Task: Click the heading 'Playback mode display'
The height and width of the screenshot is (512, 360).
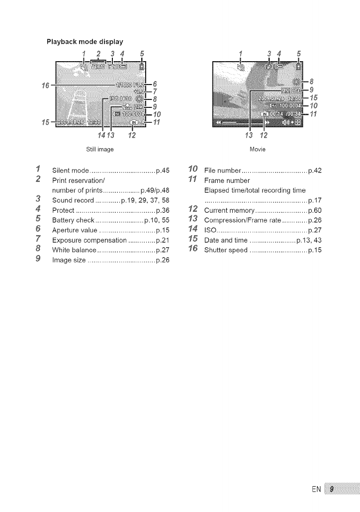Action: (85, 41)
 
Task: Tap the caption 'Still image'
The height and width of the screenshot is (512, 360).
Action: (100, 149)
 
